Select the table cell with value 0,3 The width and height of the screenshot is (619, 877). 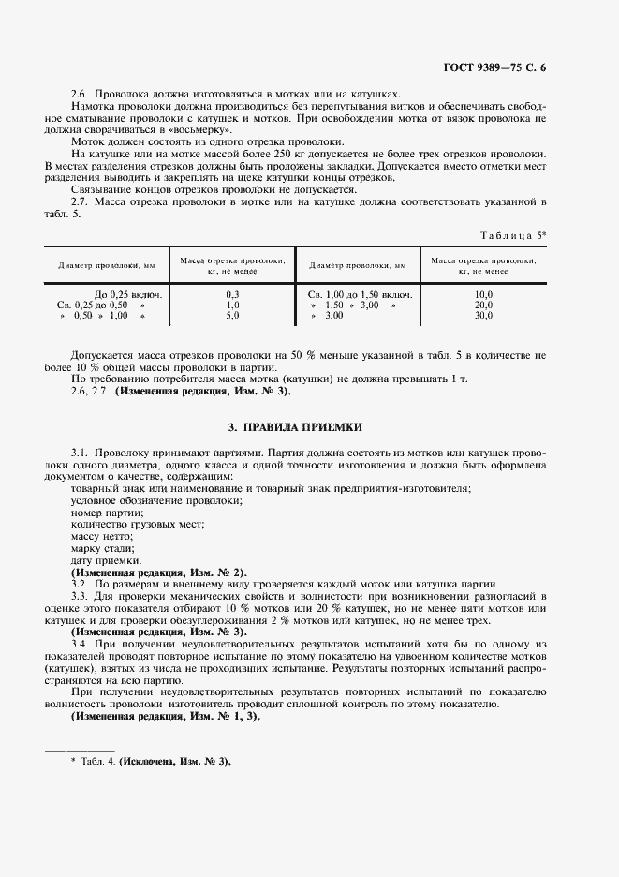232,295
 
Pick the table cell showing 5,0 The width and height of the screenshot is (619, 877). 232,316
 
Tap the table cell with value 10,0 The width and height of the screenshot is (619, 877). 483,295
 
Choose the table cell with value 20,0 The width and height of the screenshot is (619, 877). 483,305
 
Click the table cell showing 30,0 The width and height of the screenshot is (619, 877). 483,316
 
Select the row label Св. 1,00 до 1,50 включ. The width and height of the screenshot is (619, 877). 361,295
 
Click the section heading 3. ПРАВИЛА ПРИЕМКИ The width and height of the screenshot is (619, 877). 296,427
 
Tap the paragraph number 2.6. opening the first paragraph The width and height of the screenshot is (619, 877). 82,94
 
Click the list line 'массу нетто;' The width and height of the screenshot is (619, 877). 102,536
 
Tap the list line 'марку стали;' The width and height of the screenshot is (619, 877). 103,548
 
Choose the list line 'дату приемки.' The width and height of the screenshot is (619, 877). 106,560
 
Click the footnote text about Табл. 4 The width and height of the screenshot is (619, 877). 150,761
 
